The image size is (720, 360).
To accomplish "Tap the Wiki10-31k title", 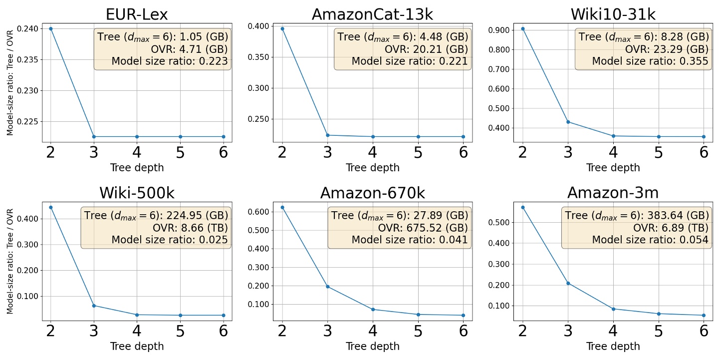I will (x=613, y=14).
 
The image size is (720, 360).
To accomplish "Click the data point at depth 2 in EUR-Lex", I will (x=50, y=28).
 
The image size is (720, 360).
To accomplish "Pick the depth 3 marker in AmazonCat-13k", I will (x=327, y=135).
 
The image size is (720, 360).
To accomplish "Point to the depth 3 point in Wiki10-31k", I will (x=567, y=122).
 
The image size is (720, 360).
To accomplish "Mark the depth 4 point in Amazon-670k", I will (x=373, y=310).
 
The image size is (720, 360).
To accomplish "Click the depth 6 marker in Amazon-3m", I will (x=704, y=315).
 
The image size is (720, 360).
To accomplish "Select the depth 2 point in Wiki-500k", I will (x=50, y=207).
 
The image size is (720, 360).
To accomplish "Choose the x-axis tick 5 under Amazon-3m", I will (x=658, y=331).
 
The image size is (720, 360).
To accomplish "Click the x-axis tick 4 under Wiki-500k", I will (x=137, y=331).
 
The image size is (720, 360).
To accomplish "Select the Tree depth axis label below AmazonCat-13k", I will (x=373, y=168).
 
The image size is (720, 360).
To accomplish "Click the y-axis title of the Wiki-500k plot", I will (x=10, y=261).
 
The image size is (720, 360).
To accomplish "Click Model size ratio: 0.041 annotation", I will (x=410, y=240).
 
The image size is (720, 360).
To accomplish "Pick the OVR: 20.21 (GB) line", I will (x=426, y=48).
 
